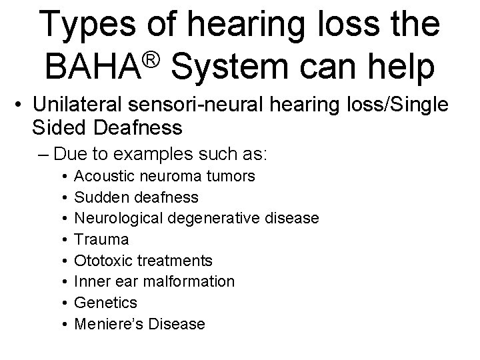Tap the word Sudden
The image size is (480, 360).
[x=98, y=197]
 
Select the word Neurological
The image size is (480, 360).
[x=113, y=218]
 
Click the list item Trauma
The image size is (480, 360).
[x=101, y=239]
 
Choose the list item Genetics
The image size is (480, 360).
[x=105, y=303]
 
